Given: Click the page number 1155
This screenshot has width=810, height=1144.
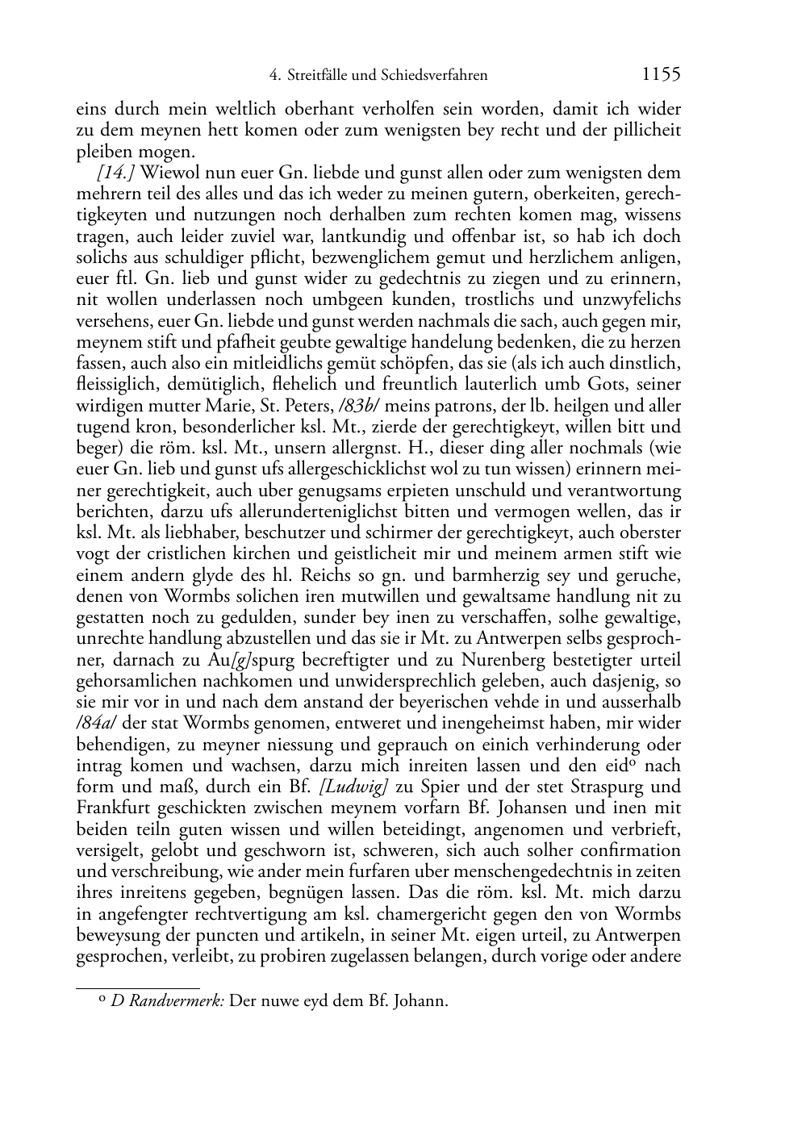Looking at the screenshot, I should (x=661, y=75).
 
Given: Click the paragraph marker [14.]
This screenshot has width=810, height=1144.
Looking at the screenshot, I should (x=115, y=173).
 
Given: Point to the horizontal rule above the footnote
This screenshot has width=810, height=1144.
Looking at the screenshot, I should (x=138, y=987).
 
